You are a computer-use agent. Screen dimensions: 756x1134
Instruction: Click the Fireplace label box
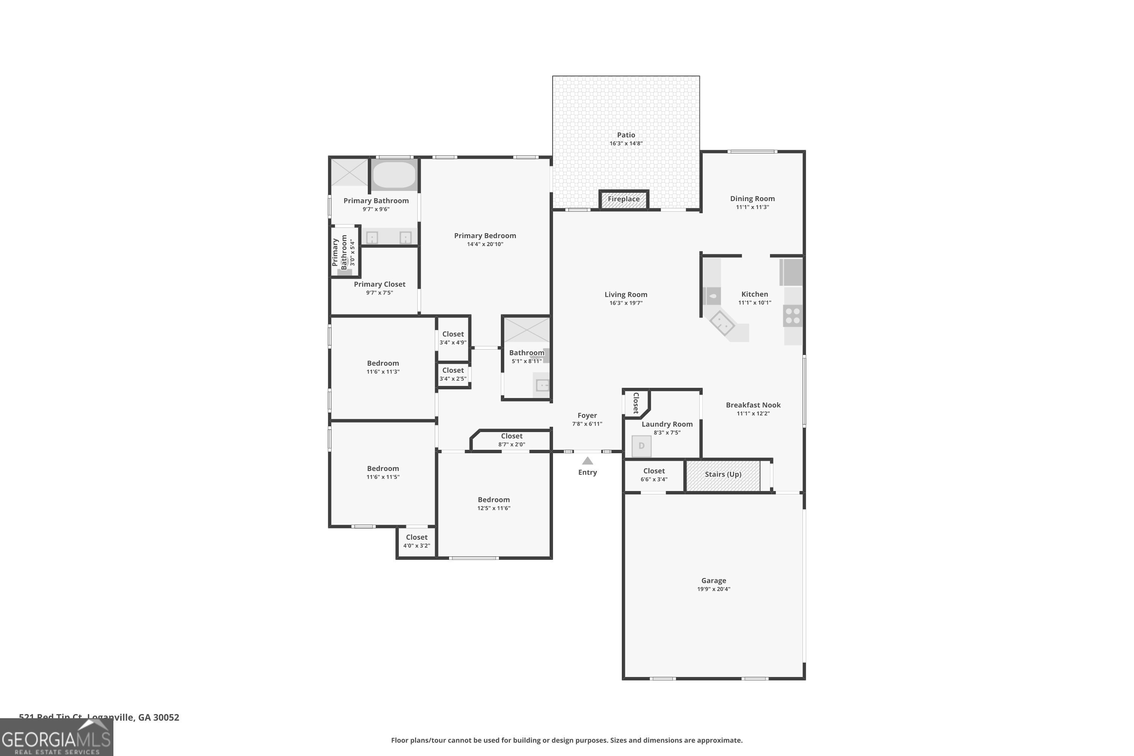coord(623,199)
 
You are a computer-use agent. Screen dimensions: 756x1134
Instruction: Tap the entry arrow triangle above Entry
coord(587,461)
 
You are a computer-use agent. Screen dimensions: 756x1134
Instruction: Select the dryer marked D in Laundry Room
coord(641,446)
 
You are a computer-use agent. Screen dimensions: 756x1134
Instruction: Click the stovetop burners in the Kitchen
coord(792,316)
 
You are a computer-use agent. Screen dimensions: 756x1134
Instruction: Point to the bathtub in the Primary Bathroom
coord(394,175)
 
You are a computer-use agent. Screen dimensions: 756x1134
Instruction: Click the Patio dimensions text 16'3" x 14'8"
coord(626,144)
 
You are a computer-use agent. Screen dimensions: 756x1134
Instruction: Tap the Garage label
coord(713,581)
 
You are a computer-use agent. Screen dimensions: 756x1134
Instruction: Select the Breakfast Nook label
coord(753,405)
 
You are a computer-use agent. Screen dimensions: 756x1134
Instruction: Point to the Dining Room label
coord(752,199)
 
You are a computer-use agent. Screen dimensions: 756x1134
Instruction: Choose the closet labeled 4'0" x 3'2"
coord(417,541)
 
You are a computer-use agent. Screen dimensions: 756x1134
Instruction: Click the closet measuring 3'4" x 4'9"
coord(453,338)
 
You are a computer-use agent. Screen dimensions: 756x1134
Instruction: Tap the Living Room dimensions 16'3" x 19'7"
coord(626,303)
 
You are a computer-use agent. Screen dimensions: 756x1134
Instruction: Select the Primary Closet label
coord(380,285)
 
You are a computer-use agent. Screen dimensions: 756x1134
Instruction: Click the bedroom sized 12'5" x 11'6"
coord(493,503)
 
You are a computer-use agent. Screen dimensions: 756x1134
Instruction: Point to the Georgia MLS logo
coord(56,738)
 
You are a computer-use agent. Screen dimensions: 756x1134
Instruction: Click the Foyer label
coord(587,415)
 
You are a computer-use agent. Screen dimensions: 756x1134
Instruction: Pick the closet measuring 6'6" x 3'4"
coord(654,475)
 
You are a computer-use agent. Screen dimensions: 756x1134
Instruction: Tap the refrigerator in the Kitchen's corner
coord(791,273)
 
